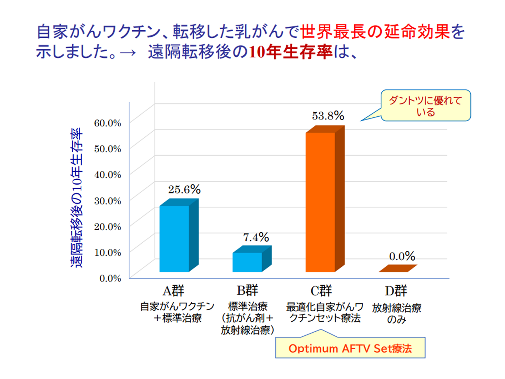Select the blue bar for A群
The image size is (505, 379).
coord(174,238)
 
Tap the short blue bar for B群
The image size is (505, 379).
coord(247,262)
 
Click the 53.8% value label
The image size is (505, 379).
coord(328,116)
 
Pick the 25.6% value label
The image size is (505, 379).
coord(184,189)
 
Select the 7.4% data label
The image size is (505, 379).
coord(256,237)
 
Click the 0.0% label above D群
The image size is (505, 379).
coord(402,256)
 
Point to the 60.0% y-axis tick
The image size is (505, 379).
coord(108,123)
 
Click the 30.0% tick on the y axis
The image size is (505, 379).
coord(108,201)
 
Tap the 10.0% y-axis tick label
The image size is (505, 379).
coord(108,252)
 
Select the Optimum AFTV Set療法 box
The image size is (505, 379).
coord(350,348)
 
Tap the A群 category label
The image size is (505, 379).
coord(173,291)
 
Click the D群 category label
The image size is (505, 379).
coord(396,291)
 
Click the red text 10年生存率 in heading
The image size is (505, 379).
coord(291,52)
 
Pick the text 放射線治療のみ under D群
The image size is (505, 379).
coord(397,313)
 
